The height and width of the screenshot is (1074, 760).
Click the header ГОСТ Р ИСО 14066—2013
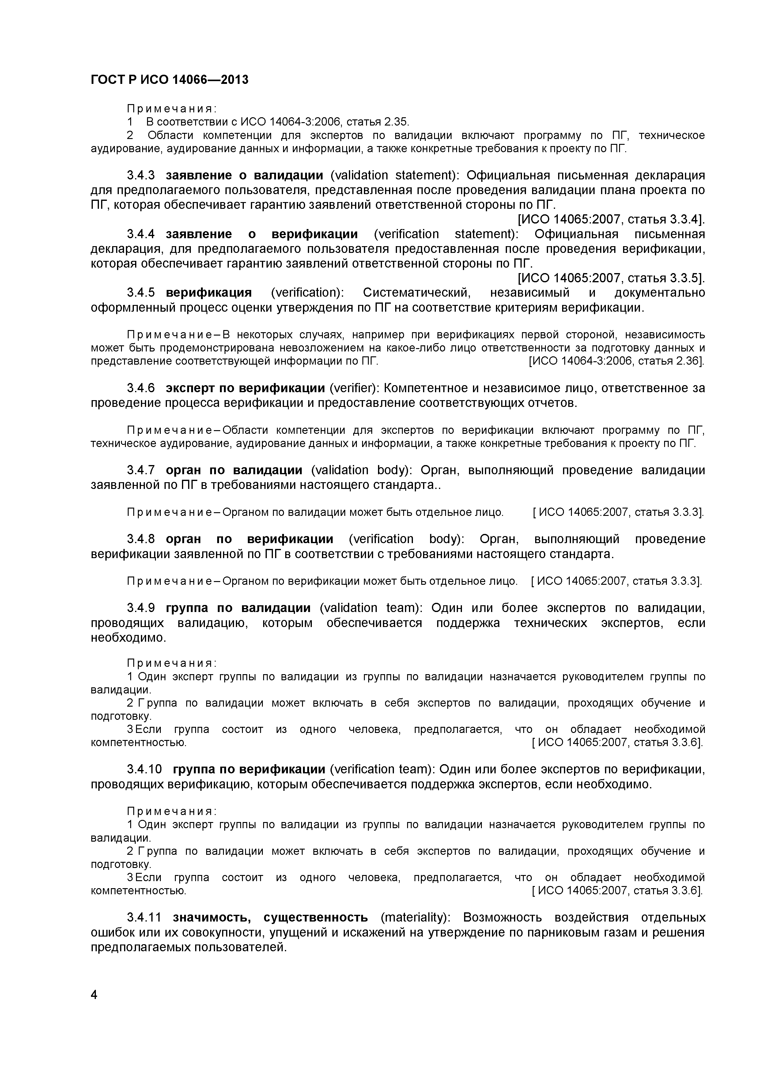point(169,80)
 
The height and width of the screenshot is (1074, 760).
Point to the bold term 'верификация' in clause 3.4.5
point(209,293)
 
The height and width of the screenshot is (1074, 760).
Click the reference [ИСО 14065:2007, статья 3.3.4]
point(611,220)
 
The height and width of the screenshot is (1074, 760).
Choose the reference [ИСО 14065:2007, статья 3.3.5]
point(611,278)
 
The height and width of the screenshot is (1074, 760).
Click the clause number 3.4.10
point(144,769)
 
